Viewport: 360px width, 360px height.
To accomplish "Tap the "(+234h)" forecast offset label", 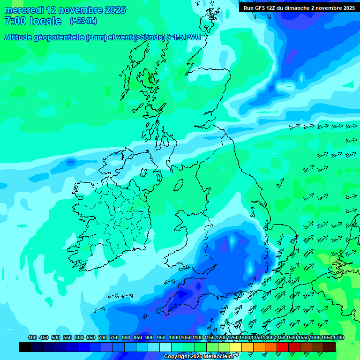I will click(x=83, y=21).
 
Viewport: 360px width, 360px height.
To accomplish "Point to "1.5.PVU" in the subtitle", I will click(x=186, y=37).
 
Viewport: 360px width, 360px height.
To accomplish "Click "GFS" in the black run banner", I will click(x=259, y=8).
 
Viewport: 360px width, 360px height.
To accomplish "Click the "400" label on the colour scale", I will click(x=32, y=337).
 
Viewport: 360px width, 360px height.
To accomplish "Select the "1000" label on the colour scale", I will click(x=174, y=337).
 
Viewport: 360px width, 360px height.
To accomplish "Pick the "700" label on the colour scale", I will click(x=103, y=337).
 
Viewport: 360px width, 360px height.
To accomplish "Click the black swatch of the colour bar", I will click(x=25, y=347).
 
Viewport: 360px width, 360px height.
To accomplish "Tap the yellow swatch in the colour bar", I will click(x=236, y=347).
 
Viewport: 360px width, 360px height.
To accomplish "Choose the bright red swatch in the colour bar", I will click(x=283, y=347).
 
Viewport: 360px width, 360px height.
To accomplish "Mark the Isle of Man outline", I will click(x=179, y=184).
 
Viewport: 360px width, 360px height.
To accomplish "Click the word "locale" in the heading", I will click(x=45, y=21).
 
